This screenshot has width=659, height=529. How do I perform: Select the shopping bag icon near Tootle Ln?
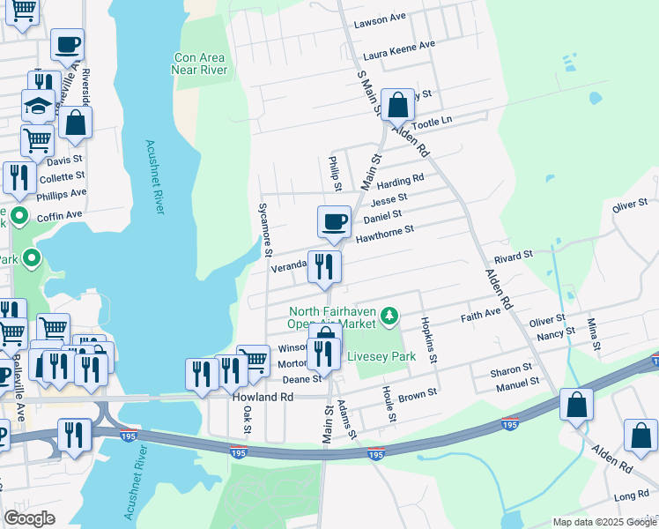coord(398,105)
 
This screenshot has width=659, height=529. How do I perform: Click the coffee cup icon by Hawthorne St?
coord(334,221)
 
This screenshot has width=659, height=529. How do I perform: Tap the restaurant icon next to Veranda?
coord(323,265)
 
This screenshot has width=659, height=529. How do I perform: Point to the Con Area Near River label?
coord(200,63)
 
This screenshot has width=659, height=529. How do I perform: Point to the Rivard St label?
coord(514,256)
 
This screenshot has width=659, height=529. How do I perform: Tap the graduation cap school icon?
coord(38,106)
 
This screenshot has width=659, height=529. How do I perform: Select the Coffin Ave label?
coord(61,214)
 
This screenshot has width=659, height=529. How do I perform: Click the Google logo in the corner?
coord(29,518)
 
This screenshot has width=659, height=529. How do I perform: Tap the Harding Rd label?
coord(400,181)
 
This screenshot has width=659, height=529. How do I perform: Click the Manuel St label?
coord(516,383)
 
